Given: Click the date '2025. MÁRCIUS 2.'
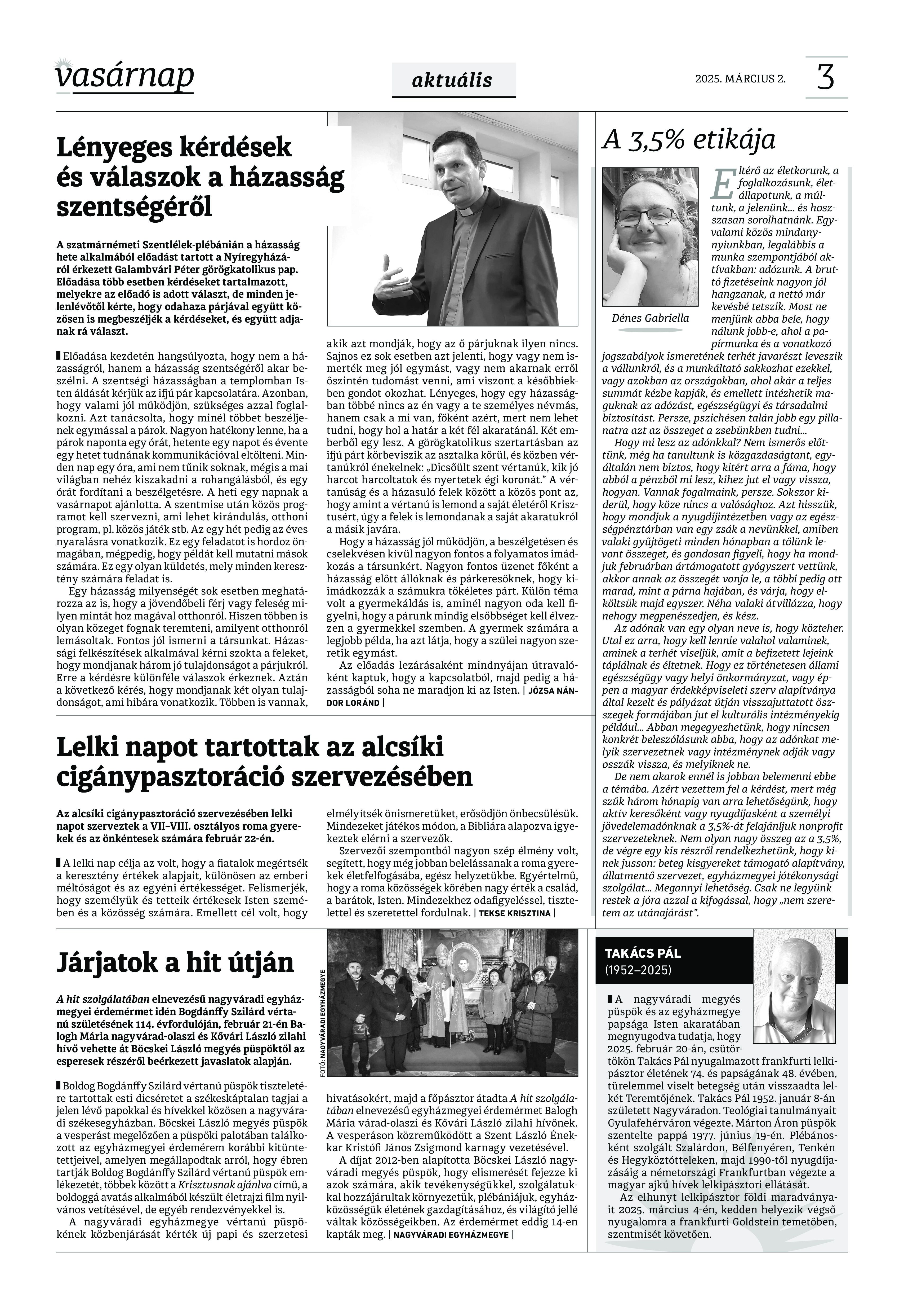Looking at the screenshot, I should [740, 79].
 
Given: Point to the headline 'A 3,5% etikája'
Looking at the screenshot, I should [688, 139].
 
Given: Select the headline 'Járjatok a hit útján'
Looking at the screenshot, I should [176, 962].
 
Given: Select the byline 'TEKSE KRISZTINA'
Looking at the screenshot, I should [514, 914].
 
